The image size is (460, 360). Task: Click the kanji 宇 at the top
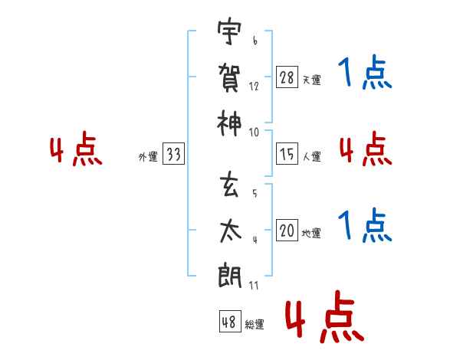(x=229, y=34)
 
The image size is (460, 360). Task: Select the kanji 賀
(x=229, y=77)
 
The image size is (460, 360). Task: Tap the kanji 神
(x=229, y=121)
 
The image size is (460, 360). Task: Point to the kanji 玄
(x=229, y=185)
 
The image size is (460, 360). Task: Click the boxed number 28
(x=287, y=77)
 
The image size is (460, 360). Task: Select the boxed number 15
(x=287, y=155)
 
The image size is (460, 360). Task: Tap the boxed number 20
(x=287, y=231)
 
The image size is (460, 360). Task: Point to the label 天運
(x=311, y=80)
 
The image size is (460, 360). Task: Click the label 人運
(x=311, y=157)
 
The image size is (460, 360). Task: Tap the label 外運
(x=148, y=158)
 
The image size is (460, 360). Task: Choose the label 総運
(x=255, y=325)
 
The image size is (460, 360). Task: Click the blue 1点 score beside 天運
(x=365, y=74)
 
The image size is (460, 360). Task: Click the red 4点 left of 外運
(x=76, y=150)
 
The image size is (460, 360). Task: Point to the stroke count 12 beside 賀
(x=254, y=87)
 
